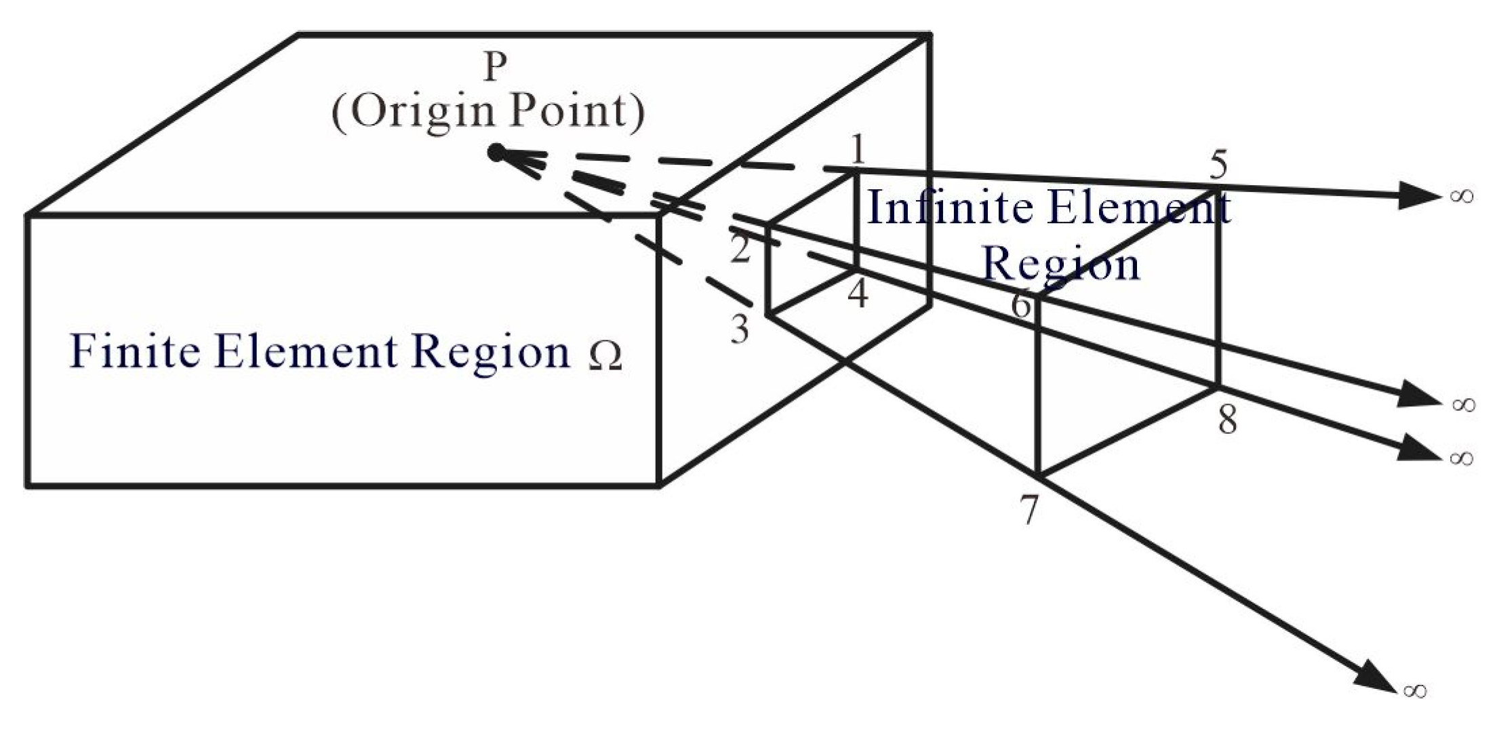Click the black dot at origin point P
click(x=496, y=153)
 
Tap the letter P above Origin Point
click(x=495, y=67)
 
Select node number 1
click(x=858, y=149)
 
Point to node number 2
click(x=740, y=250)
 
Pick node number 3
click(x=740, y=330)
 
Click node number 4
click(x=858, y=294)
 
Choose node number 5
click(x=1218, y=165)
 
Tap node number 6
click(x=1021, y=304)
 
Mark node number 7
click(x=1029, y=510)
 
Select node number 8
click(x=1227, y=420)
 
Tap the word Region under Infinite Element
click(x=1061, y=264)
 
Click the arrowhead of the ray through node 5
click(x=1417, y=196)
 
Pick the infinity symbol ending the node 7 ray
click(x=1415, y=690)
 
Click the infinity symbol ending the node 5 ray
click(x=1462, y=196)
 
